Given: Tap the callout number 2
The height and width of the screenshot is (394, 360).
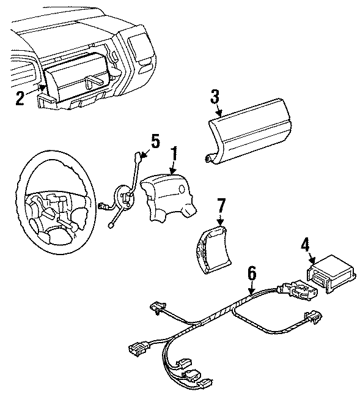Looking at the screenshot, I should pos(20,98).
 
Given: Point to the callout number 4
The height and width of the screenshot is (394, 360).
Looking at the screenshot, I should pos(304,246).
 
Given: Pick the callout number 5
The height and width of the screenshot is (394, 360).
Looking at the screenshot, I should pos(155,141).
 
